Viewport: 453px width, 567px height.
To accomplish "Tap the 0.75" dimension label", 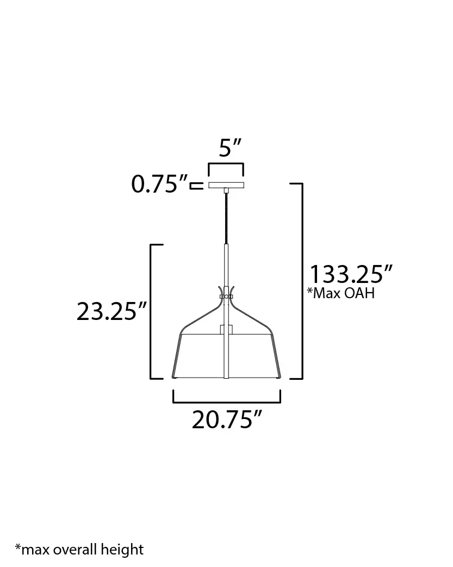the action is pos(159,184).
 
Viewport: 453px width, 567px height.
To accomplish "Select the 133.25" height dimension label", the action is pos(351,274).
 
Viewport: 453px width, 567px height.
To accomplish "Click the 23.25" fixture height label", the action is pos(111,311).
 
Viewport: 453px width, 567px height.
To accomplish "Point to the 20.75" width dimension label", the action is pos(226,420).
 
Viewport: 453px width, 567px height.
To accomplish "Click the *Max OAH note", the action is pos(340,293).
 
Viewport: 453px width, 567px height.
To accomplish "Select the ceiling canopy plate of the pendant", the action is pos(226,185).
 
